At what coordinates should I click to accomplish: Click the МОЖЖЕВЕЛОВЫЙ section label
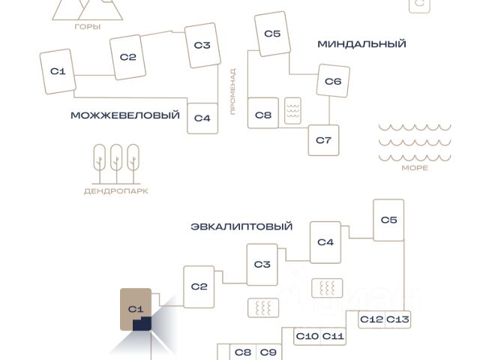125,115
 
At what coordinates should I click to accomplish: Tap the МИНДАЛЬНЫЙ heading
361,44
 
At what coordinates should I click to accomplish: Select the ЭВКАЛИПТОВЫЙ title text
241,226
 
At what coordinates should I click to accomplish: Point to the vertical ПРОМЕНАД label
233,91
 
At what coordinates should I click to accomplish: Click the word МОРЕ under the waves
415,168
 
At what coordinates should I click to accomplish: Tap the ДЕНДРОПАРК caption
116,191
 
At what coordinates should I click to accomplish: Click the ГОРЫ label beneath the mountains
88,27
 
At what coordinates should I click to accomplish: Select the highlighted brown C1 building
136,309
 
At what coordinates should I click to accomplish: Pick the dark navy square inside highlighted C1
142,324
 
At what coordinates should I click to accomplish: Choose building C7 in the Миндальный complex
323,140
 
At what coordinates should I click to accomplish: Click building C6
333,81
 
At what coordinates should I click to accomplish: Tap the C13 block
397,319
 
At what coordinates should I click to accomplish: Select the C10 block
307,336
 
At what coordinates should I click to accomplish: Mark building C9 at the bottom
268,352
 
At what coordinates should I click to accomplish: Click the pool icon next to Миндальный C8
292,111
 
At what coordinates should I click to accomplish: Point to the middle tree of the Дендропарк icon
116,163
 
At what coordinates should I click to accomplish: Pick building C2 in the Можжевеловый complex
128,57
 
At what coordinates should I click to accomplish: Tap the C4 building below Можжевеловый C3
202,118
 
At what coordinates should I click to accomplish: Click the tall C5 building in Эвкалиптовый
388,220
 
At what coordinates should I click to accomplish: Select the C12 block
372,319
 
